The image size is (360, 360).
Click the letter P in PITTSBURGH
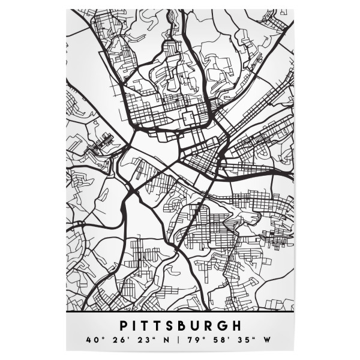click(x=124, y=326)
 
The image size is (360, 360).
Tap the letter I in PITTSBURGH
click(x=136, y=326)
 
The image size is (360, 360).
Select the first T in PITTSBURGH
click(x=148, y=326)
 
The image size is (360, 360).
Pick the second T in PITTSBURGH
click(x=162, y=326)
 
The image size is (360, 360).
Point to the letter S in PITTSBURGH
click(x=175, y=326)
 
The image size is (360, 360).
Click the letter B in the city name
click(x=188, y=326)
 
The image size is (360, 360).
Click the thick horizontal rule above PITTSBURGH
click(x=180, y=313)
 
